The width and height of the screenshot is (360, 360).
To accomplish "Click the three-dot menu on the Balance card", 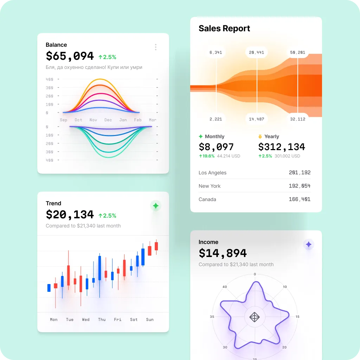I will click(156, 47).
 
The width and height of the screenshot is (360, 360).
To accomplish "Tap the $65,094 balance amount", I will click(70, 56).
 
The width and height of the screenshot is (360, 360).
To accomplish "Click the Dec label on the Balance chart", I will click(108, 120).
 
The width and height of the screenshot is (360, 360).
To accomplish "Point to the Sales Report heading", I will click(224, 28).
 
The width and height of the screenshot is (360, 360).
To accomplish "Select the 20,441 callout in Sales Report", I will click(256, 53).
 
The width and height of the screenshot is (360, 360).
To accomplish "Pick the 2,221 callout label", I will click(216, 119).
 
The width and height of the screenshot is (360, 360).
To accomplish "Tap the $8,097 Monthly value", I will click(216, 147).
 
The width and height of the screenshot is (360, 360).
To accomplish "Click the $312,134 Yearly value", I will click(282, 147).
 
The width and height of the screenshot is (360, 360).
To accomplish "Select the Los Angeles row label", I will click(212, 173).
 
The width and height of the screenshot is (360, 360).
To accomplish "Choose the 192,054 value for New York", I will click(300, 186).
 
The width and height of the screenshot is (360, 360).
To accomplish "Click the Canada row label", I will click(207, 199).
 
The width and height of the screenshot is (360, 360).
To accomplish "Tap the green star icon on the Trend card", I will click(156, 206).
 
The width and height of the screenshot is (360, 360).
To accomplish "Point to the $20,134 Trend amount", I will click(70, 214).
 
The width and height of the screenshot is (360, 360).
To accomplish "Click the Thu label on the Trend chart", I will click(102, 320).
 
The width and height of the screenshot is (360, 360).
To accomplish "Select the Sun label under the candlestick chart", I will click(150, 320).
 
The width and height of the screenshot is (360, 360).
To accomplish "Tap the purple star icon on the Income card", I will click(308, 244).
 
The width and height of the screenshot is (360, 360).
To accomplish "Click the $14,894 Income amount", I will click(223, 253).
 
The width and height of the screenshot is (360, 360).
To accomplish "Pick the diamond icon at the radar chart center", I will click(255, 317).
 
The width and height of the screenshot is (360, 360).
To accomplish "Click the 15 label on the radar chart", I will click(297, 317).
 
